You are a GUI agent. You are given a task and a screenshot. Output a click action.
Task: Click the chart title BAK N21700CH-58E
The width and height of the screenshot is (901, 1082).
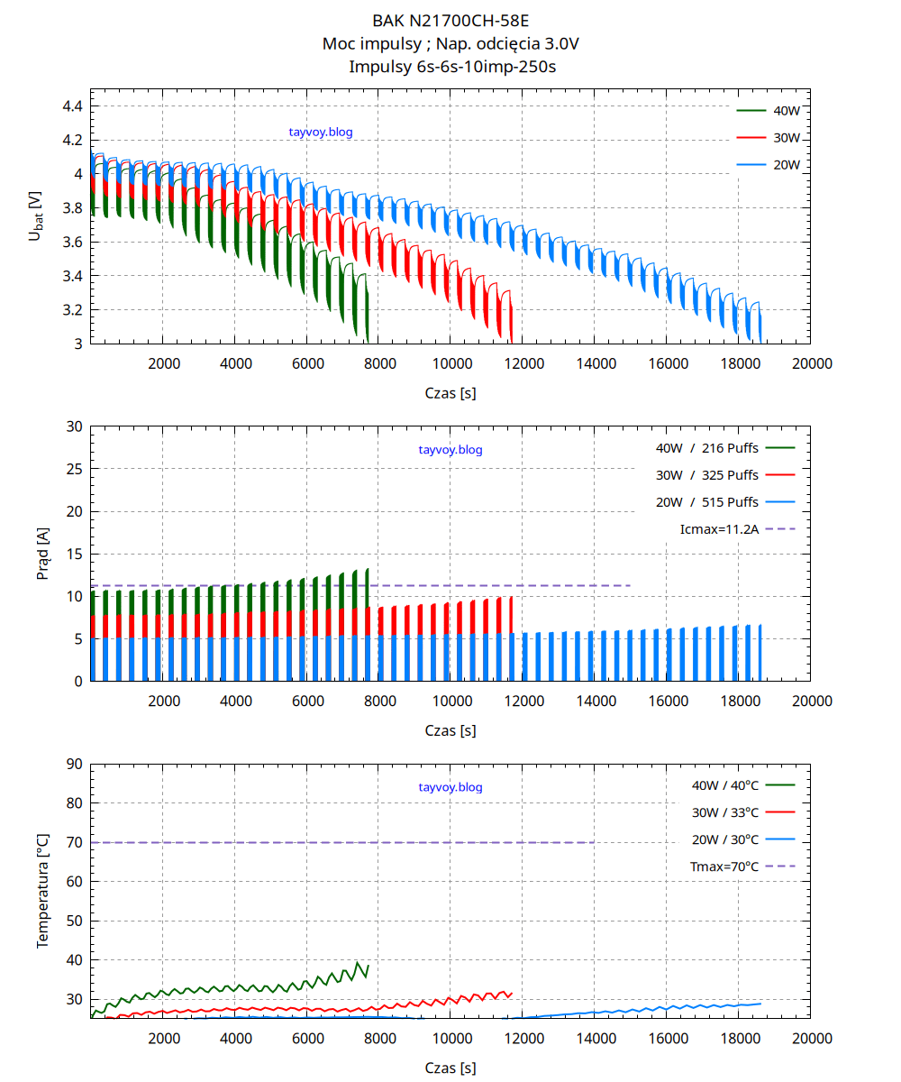point(450,20)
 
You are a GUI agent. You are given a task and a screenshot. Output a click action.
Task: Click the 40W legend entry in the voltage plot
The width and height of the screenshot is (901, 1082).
point(787,111)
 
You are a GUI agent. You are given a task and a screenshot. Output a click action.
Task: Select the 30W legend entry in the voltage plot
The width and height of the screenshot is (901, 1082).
point(787,138)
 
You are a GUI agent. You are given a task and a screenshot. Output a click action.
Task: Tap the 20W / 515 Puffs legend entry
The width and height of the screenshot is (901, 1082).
point(707,502)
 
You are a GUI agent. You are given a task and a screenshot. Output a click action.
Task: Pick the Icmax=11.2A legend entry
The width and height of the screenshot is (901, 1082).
point(720,529)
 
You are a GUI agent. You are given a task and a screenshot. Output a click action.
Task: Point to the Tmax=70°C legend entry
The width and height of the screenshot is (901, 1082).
point(724,867)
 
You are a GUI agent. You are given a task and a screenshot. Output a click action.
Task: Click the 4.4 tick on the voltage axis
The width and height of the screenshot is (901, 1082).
point(72,106)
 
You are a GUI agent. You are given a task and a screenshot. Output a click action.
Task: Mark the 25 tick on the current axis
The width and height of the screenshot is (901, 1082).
point(75,469)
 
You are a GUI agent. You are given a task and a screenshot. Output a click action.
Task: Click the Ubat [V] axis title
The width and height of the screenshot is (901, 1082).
point(35,216)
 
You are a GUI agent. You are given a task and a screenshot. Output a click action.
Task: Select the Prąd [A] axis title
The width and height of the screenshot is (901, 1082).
point(42,554)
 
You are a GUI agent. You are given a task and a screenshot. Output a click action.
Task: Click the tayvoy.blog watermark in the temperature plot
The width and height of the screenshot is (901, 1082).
point(450,787)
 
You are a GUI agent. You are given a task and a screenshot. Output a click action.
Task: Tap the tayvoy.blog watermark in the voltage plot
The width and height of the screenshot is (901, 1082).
point(321,132)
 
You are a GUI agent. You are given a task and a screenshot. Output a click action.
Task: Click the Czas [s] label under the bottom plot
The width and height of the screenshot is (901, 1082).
point(450,1068)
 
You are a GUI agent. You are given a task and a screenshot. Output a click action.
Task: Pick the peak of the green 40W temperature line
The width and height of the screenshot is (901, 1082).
point(359,963)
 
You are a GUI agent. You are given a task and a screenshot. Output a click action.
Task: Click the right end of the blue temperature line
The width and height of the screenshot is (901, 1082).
point(760,1004)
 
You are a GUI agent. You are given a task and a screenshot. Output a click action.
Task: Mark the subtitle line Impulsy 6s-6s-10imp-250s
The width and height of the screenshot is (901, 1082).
point(450,66)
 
